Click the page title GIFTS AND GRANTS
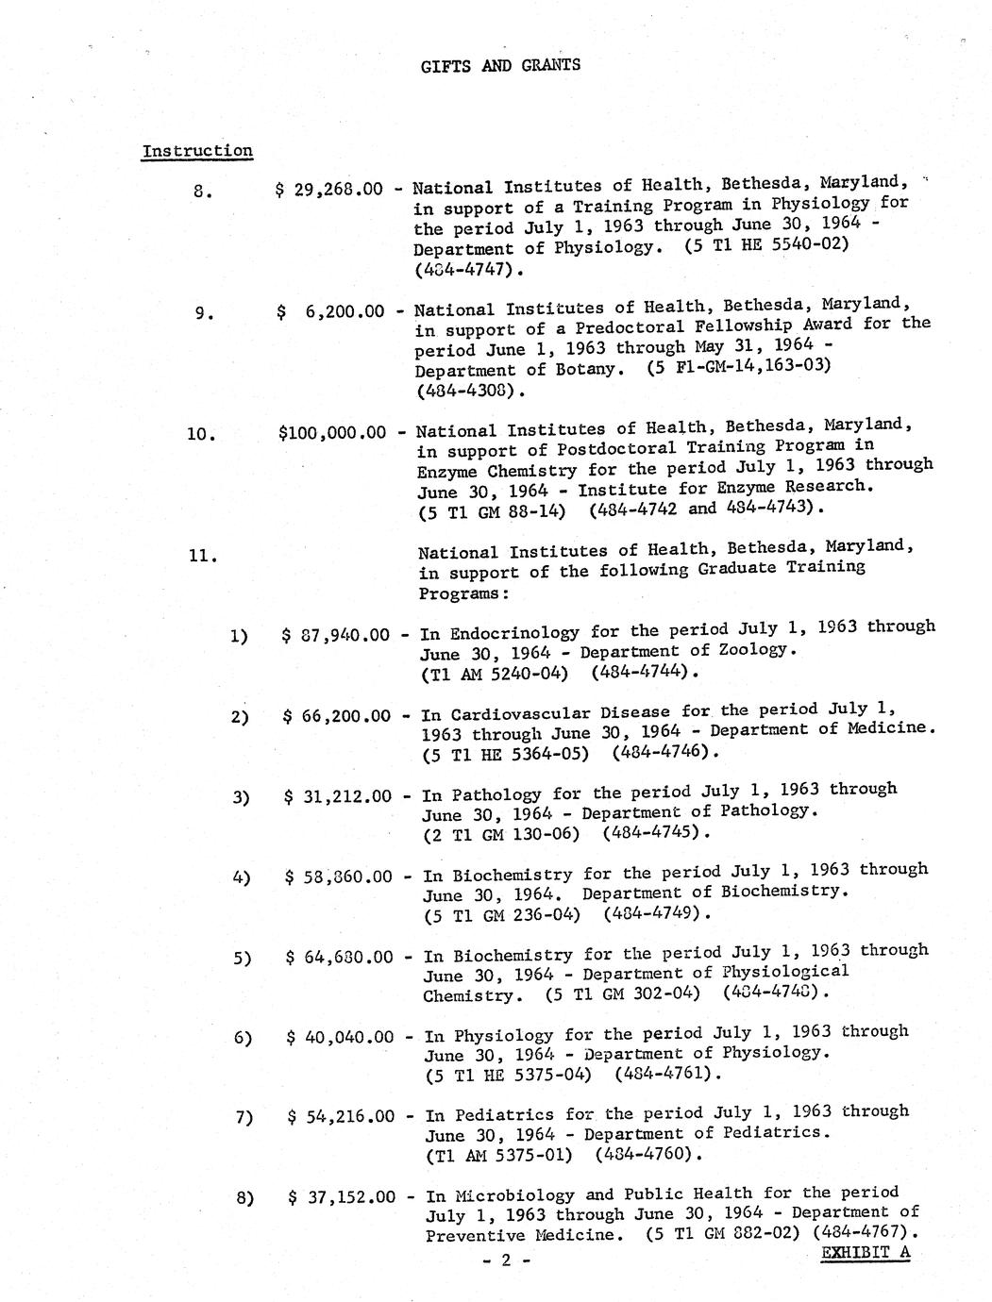[500, 65]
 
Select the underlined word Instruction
[197, 151]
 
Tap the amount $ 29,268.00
[329, 190]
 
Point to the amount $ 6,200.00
[331, 310]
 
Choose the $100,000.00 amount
[332, 433]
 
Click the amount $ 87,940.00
[335, 635]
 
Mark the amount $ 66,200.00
[336, 716]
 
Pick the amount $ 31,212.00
[337, 796]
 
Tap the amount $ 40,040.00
[340, 1038]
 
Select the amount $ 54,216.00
[341, 1118]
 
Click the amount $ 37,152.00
[342, 1198]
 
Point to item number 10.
[201, 434]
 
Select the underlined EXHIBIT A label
[866, 1253]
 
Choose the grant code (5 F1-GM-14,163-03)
[739, 365]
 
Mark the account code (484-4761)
[667, 1074]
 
